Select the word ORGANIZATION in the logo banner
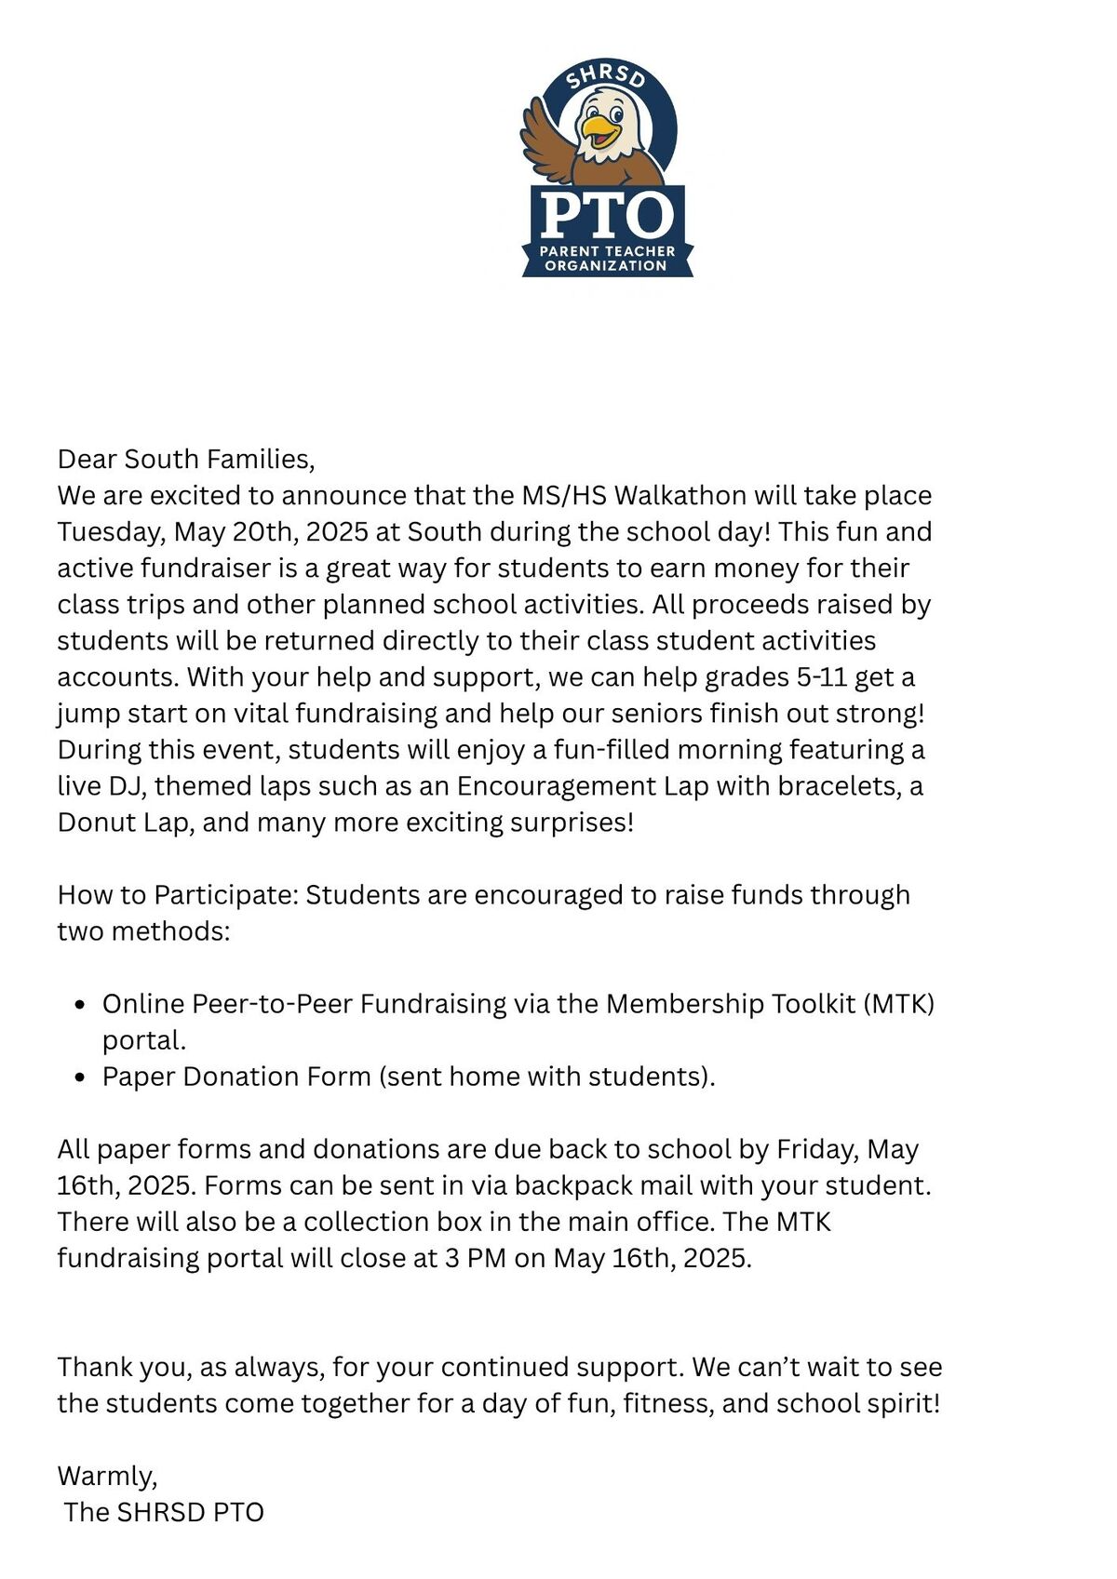[x=606, y=265]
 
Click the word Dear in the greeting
[x=87, y=459]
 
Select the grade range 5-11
[x=822, y=676]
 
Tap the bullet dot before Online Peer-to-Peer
[x=81, y=1005]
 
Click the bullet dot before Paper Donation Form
[x=81, y=1077]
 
